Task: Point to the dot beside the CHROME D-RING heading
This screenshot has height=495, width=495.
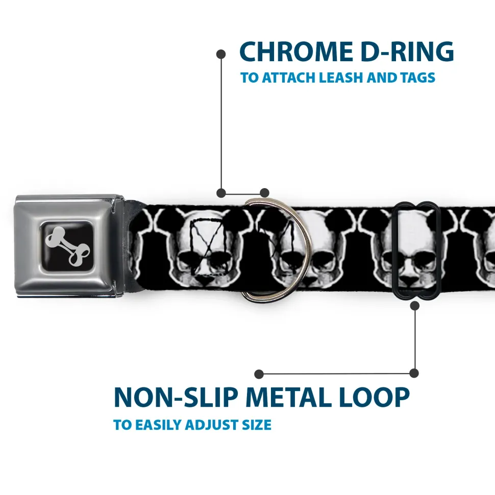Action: point(221,53)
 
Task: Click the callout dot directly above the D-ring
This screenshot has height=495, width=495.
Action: point(264,193)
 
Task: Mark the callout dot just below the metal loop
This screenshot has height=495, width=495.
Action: point(414,306)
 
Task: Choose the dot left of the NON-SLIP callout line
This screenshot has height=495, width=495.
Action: point(259,374)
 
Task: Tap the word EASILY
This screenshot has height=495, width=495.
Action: point(157,425)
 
